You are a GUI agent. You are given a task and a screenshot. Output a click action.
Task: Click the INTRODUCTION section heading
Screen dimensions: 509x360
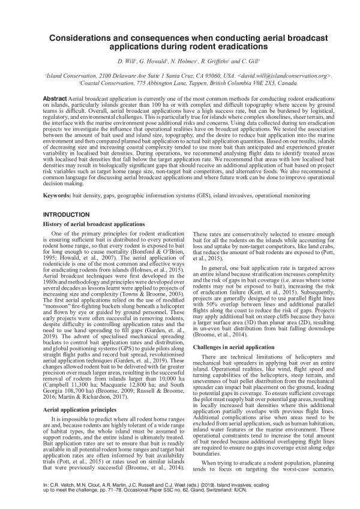(x=67, y=214)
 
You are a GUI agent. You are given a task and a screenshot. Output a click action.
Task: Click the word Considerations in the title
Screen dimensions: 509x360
(x=93, y=37)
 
